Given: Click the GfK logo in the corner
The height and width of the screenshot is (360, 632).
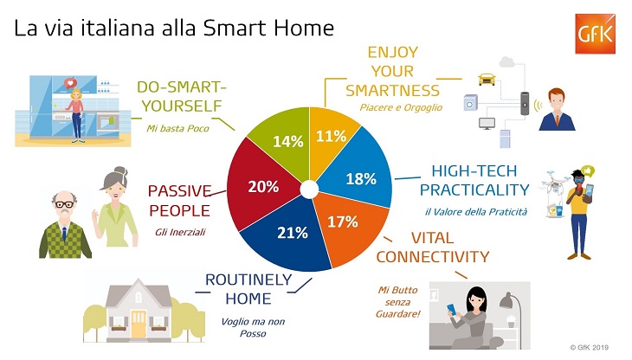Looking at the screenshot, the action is (x=595, y=34).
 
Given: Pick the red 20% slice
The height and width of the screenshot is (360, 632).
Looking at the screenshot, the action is (x=262, y=186).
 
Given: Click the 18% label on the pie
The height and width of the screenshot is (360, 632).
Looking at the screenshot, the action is (x=361, y=179).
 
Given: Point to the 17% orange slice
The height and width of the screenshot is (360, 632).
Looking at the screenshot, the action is (x=346, y=223).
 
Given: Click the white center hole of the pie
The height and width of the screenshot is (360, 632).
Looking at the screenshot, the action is (x=309, y=190).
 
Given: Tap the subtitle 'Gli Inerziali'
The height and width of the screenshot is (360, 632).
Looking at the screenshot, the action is (x=180, y=232).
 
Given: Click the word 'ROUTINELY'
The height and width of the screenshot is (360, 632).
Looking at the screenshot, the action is (x=248, y=280).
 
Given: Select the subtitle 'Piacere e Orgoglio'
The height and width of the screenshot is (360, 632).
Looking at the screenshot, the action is (x=401, y=107).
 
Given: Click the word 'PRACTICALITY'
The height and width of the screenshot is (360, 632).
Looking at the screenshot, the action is (x=474, y=190).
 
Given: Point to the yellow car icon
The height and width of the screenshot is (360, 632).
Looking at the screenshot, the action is (x=487, y=80).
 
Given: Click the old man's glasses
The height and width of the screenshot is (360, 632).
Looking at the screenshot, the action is (x=64, y=204).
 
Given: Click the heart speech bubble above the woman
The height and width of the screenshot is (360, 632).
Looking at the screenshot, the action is (x=70, y=83).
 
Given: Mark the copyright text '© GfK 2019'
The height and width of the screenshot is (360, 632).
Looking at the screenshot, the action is (x=589, y=347).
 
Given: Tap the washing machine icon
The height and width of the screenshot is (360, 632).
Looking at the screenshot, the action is (x=470, y=102).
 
